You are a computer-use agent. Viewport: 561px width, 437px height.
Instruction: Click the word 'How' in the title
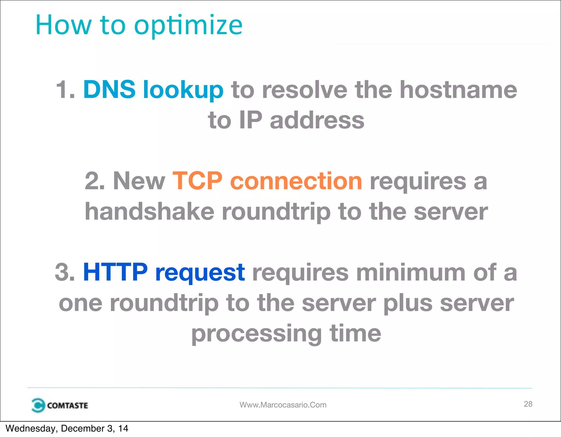pos(63,25)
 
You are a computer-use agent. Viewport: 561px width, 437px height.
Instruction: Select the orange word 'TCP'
pos(197,181)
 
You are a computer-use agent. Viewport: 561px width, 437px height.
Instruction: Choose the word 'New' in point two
pos(139,181)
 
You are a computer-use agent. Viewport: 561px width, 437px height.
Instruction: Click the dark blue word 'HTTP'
pos(115,272)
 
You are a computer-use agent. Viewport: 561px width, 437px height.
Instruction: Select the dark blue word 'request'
pos(200,273)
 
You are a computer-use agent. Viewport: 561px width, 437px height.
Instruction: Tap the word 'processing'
pos(256,334)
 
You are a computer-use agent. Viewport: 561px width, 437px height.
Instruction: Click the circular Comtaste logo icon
pos(38,405)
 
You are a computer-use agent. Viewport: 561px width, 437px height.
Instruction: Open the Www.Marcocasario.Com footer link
pos(283,405)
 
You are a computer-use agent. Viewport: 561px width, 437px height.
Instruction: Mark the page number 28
pos(528,404)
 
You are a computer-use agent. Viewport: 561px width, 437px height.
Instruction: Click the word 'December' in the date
pos(83,428)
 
